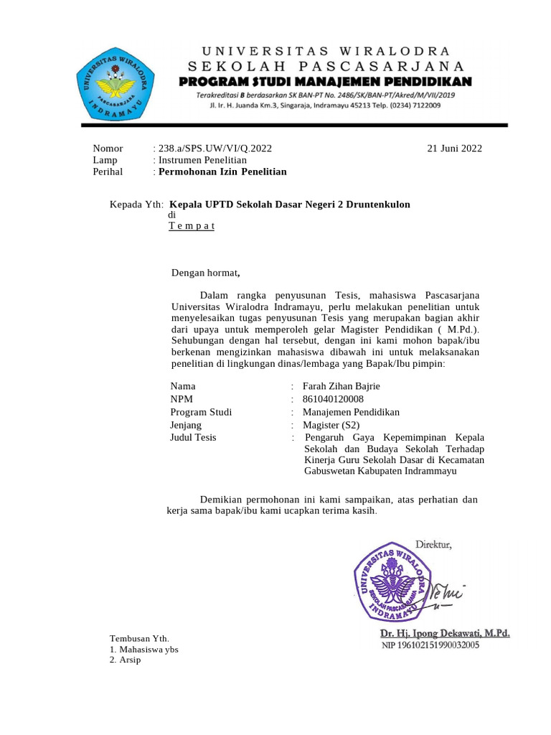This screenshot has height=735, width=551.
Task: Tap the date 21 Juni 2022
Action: click(454, 149)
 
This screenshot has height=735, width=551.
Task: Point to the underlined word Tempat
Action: click(191, 226)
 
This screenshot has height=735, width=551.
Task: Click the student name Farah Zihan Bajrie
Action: click(342, 386)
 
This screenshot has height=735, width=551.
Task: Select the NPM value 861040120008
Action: click(333, 399)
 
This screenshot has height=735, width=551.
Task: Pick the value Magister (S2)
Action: click(331, 425)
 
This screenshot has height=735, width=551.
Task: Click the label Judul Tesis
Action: click(193, 437)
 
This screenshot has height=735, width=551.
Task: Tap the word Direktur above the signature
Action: click(433, 545)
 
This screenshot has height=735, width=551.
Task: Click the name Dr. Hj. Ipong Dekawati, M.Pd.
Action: click(445, 633)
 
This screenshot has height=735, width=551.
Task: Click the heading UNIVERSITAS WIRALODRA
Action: click(326, 51)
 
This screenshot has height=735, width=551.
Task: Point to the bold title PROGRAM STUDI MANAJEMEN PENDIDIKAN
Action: click(325, 81)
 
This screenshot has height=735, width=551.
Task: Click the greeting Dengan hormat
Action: click(204, 273)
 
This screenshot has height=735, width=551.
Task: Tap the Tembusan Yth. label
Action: click(138, 638)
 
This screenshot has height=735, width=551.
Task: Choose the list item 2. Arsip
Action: click(126, 660)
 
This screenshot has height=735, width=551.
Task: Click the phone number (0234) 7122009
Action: click(414, 106)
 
